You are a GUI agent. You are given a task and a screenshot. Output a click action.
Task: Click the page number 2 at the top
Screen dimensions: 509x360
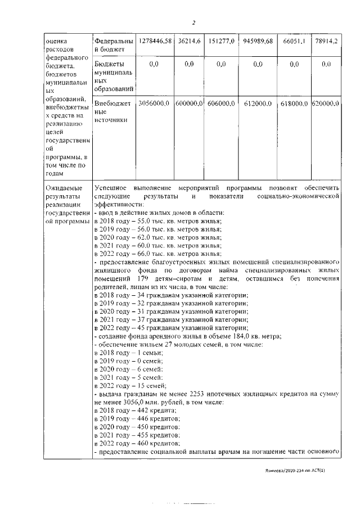click(193, 22)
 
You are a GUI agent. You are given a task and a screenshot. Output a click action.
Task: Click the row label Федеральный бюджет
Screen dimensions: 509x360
click(114, 46)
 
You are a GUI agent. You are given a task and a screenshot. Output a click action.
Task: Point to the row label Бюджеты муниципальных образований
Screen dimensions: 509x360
click(114, 76)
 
